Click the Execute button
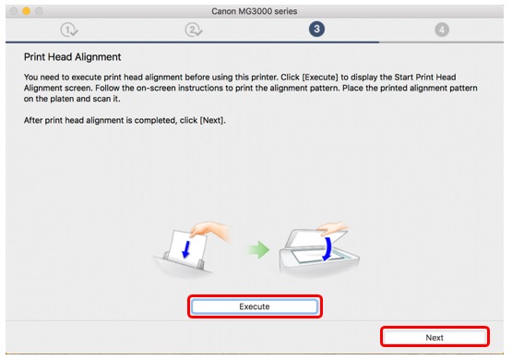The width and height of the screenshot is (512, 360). coord(255,306)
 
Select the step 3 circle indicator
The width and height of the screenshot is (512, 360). coord(316,29)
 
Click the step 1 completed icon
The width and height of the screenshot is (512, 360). coord(69,30)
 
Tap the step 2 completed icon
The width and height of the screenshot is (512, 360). coord(194,30)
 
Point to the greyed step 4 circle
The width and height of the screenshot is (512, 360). coord(442,30)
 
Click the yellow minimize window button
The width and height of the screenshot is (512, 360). coord(26,11)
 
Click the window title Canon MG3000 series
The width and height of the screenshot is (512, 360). coord(254,11)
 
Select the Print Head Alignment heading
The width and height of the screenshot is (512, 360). coord(73,57)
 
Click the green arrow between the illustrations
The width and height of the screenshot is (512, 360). coord(257,250)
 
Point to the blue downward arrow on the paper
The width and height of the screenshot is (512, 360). coord(185,249)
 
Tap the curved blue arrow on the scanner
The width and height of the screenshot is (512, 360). coord(327,249)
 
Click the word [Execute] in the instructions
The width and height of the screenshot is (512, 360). coord(320,78)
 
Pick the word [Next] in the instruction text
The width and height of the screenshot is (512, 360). coord(212,120)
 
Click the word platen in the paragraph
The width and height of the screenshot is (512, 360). coord(62,99)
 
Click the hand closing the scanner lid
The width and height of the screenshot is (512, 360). coord(332,228)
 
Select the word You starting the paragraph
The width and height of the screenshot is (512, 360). coord(30,78)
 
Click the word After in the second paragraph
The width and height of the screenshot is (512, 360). coord(33,120)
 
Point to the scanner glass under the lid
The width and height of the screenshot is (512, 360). coord(317,256)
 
